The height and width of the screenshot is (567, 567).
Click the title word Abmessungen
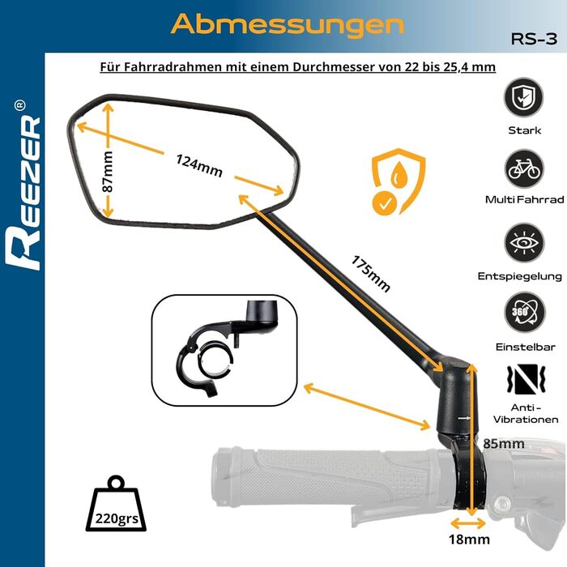pos(287,24)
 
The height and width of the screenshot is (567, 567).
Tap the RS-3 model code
pos(534,39)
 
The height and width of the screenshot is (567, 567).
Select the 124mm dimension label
pos(199,165)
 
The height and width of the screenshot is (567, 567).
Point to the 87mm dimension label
pos(108,172)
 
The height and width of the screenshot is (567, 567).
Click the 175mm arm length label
pos(370,274)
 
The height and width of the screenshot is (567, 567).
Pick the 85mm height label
pos(503,443)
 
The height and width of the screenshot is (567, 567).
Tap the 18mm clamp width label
pos(469,539)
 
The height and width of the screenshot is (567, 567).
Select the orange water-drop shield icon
pos(399,181)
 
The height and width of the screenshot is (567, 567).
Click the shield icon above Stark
pos(523,97)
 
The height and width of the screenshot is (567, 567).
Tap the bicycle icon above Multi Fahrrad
pos(524,168)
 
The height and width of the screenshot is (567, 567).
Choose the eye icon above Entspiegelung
pos(524,242)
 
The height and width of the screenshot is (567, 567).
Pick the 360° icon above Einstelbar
pos(524,312)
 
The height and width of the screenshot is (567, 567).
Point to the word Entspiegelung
pos(520,276)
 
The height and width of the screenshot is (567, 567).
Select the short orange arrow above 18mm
pos(468,523)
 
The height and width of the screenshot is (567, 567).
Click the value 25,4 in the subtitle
pos(458,67)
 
